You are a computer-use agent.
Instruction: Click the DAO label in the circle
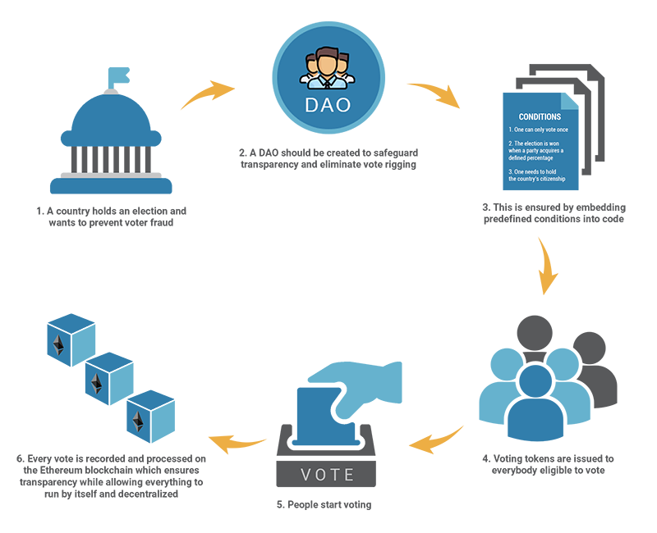coord(328,106)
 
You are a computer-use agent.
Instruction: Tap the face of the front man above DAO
coord(328,62)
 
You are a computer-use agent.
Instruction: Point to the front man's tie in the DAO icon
coord(328,81)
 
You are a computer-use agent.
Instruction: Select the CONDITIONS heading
coord(540,117)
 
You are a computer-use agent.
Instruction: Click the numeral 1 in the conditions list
coord(510,130)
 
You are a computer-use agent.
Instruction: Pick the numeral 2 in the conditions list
coord(510,143)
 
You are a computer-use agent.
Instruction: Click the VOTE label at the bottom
coord(328,475)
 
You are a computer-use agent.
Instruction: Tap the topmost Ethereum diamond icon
coord(58,344)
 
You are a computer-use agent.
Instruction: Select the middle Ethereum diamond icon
coord(96,382)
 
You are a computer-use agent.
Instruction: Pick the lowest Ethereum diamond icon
coord(138,421)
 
